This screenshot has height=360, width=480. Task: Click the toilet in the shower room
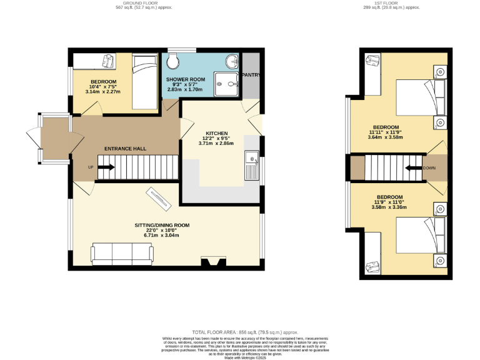coord(173,61)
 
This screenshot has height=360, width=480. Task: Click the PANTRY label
coord(251,75)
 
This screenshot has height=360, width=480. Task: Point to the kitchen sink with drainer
coord(252,165)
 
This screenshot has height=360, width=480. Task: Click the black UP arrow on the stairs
coord(104,167)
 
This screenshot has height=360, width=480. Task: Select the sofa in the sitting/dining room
coord(122,253)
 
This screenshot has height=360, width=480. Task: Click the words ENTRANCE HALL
coord(125,149)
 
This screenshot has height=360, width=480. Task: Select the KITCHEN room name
coord(217,133)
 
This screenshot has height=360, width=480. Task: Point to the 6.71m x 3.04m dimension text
coord(162,236)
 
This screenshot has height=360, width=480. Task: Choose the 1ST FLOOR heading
coord(392,3)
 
